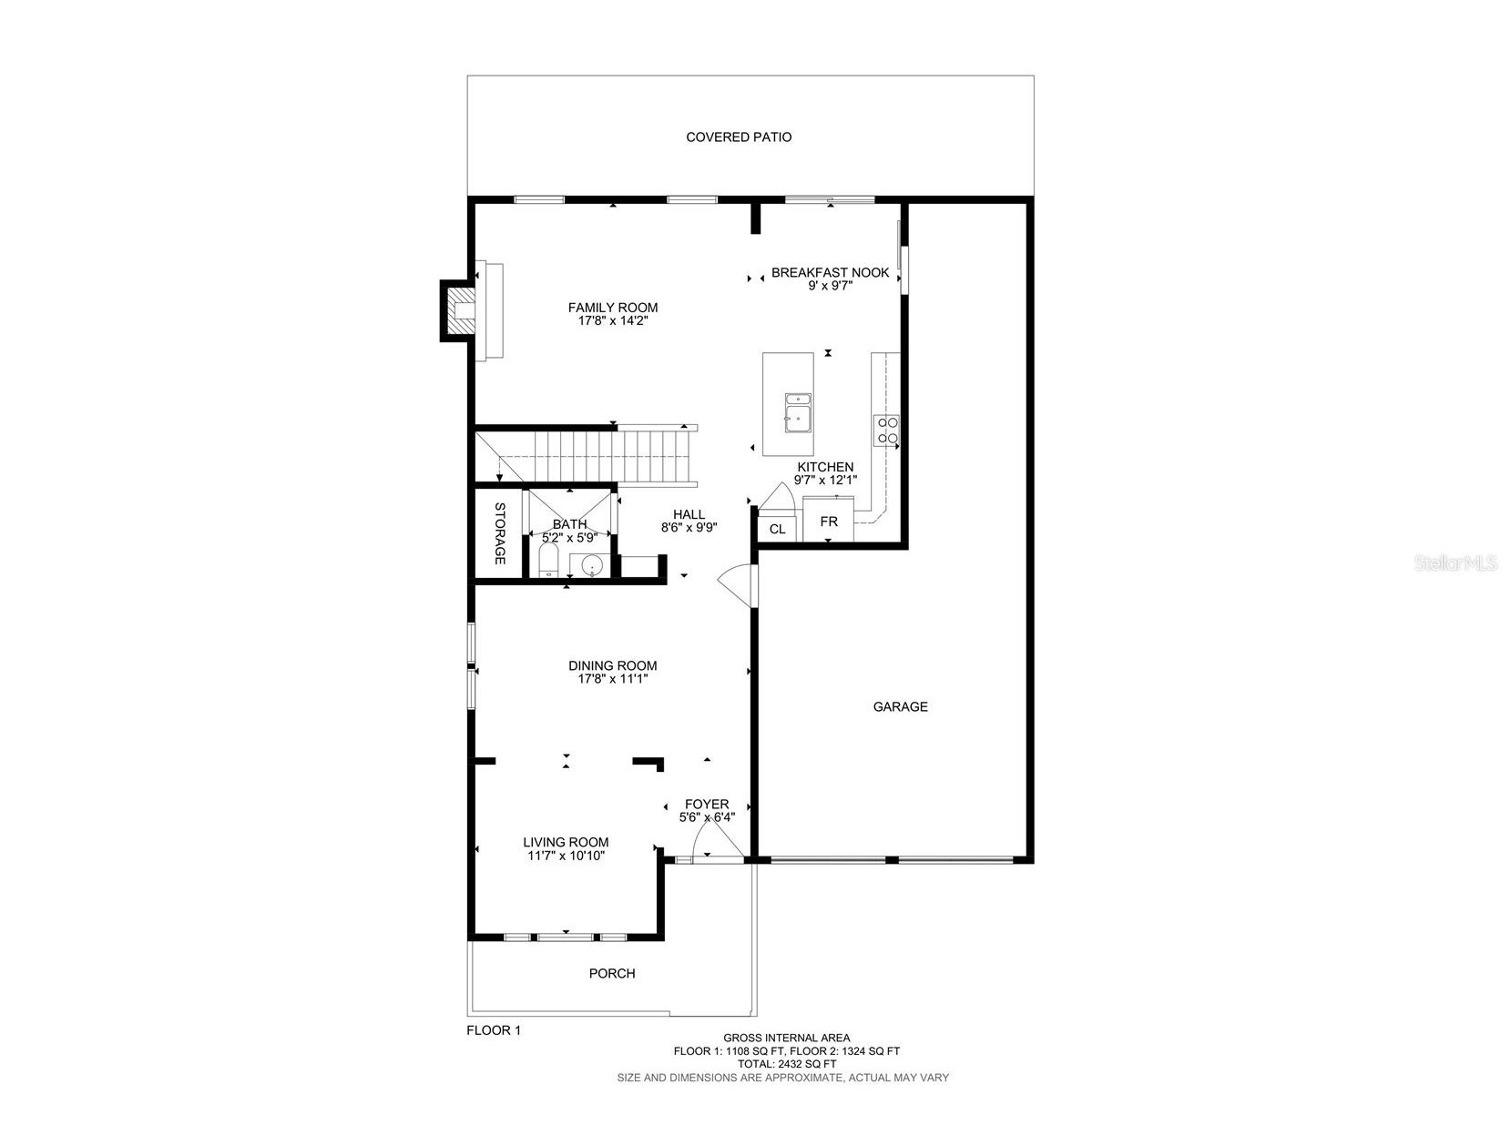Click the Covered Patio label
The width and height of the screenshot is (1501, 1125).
coord(739,137)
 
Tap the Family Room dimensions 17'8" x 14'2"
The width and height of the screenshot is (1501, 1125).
coord(612,321)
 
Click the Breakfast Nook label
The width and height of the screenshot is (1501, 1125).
coord(830,272)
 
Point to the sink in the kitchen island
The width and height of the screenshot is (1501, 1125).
coord(798,414)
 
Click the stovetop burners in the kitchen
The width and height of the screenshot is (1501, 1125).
coord(886,431)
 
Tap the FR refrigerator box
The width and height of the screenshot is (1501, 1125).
coord(828,522)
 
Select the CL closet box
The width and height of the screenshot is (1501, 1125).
coord(777,529)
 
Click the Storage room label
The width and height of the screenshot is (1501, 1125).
coord(500,533)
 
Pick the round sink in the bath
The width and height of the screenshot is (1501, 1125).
coord(592,565)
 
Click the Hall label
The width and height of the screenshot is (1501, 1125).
coord(689,514)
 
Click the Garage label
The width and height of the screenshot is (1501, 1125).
coord(900,706)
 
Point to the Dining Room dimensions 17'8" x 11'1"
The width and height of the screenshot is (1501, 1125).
coord(612,679)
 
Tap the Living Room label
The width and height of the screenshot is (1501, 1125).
coord(566,842)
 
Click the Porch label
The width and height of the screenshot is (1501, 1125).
coord(612,973)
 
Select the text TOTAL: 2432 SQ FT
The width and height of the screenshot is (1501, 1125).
coord(787,1064)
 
